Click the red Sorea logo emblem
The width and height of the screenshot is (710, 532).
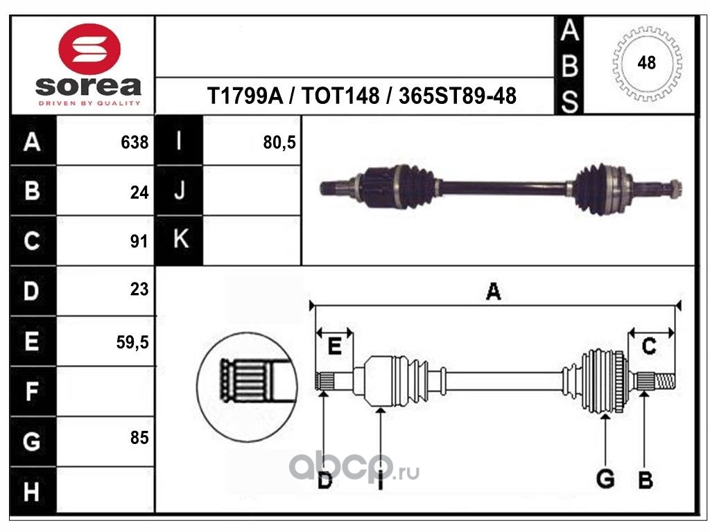89,49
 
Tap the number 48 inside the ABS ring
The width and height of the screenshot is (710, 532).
646,63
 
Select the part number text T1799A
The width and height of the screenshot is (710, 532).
245,96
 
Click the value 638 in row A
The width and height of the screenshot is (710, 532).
135,143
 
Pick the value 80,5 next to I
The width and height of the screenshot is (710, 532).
279,143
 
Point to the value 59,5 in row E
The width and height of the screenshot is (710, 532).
132,342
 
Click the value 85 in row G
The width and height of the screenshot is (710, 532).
139,438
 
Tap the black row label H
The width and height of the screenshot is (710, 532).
33,491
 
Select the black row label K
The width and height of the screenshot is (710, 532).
180,239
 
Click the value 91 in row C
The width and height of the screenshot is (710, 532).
139,242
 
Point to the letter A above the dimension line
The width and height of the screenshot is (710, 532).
494,292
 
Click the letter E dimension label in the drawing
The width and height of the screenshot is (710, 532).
334,346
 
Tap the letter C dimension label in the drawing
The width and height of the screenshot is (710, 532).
649,346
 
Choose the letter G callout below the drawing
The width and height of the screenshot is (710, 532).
605,479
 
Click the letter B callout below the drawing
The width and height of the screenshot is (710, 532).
646,479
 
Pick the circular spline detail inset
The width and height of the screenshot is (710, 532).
247,387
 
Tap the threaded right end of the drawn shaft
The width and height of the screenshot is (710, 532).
664,382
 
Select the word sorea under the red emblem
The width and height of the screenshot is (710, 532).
88,86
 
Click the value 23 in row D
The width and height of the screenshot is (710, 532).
139,289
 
